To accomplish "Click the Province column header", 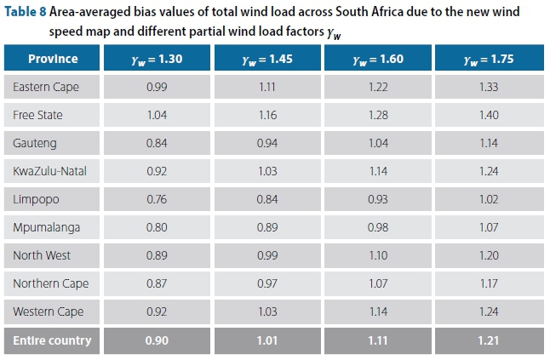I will pyautogui.click(x=53, y=59).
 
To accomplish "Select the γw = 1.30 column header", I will pyautogui.click(x=158, y=59).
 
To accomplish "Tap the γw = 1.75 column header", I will pyautogui.click(x=489, y=59).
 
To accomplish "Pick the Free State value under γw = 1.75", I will pyautogui.click(x=489, y=115).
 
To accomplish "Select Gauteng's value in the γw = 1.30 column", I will pyautogui.click(x=158, y=143).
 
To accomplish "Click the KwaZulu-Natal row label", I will pyautogui.click(x=49, y=171).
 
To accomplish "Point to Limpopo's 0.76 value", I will pyautogui.click(x=158, y=199).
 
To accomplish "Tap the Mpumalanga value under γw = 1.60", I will pyautogui.click(x=378, y=227).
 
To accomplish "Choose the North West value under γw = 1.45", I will pyautogui.click(x=268, y=255).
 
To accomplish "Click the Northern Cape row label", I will pyautogui.click(x=50, y=283).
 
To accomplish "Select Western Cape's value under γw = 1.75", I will pyautogui.click(x=489, y=311).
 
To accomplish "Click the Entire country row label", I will pyautogui.click(x=52, y=340).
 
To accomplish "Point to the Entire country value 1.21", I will pyautogui.click(x=489, y=340).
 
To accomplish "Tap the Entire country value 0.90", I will pyautogui.click(x=158, y=340).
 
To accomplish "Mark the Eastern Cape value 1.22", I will pyautogui.click(x=378, y=87).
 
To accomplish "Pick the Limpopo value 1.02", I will pyautogui.click(x=489, y=199).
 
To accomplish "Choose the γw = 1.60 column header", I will pyautogui.click(x=378, y=59).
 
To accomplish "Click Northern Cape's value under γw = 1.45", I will pyautogui.click(x=268, y=283).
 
